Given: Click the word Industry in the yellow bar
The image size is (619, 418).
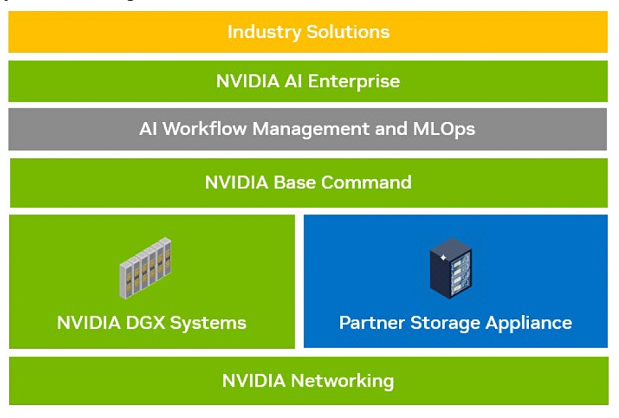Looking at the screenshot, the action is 264,33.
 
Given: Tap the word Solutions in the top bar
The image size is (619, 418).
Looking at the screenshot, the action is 348,31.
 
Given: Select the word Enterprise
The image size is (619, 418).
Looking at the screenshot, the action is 354,82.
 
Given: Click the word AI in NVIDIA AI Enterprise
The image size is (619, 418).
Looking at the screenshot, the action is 293,81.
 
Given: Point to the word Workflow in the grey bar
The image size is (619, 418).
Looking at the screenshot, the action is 205,129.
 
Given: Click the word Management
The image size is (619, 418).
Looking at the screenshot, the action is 310,130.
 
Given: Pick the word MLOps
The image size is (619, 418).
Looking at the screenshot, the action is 444,130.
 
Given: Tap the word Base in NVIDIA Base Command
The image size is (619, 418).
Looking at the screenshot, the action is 295,183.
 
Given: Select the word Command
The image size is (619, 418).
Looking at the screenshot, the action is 366,183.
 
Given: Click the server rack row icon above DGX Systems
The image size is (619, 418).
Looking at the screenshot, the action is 145,268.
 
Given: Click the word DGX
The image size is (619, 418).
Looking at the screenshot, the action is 145,323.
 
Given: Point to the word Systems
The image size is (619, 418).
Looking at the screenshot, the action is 208,323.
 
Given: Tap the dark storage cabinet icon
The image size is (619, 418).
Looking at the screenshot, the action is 451,268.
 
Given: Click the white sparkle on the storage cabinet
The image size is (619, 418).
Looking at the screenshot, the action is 443,258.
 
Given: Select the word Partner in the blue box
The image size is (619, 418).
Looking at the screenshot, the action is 372,323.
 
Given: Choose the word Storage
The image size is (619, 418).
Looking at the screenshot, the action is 445,323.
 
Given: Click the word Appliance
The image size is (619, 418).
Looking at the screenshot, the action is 529,323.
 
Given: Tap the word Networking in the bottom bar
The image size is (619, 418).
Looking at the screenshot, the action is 342,381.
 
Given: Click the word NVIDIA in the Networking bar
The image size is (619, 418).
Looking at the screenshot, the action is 254,381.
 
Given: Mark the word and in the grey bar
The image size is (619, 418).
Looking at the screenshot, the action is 391,129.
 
